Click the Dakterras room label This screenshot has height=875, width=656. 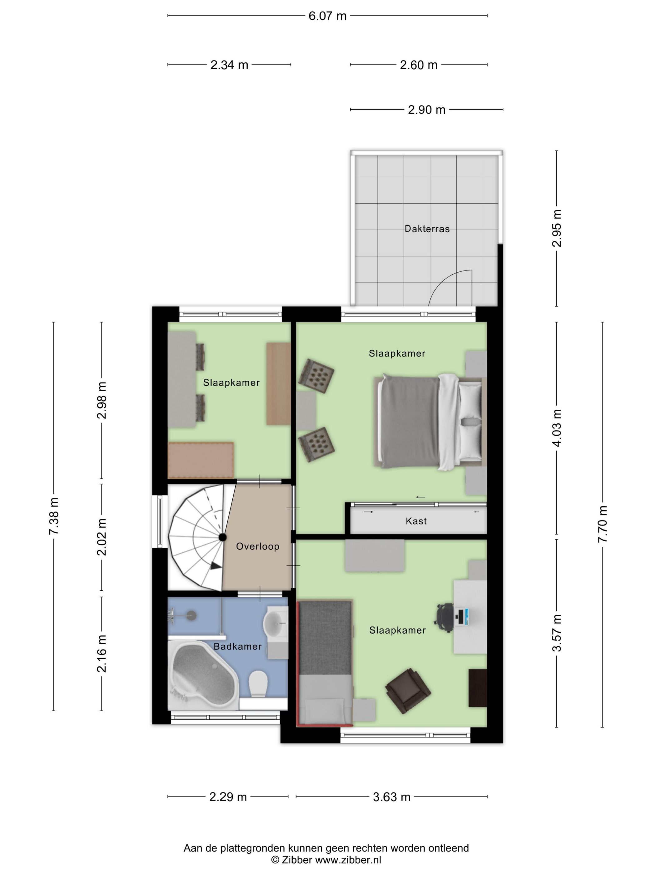click(x=427, y=229)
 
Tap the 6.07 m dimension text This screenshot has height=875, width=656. click(x=327, y=16)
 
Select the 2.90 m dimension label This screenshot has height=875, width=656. click(x=426, y=110)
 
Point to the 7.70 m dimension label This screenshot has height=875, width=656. click(x=602, y=524)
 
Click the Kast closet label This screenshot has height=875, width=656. click(x=416, y=521)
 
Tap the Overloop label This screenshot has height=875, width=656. click(x=257, y=546)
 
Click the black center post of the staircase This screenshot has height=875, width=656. click(x=223, y=537)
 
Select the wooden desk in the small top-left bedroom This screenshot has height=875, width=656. click(x=278, y=384)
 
